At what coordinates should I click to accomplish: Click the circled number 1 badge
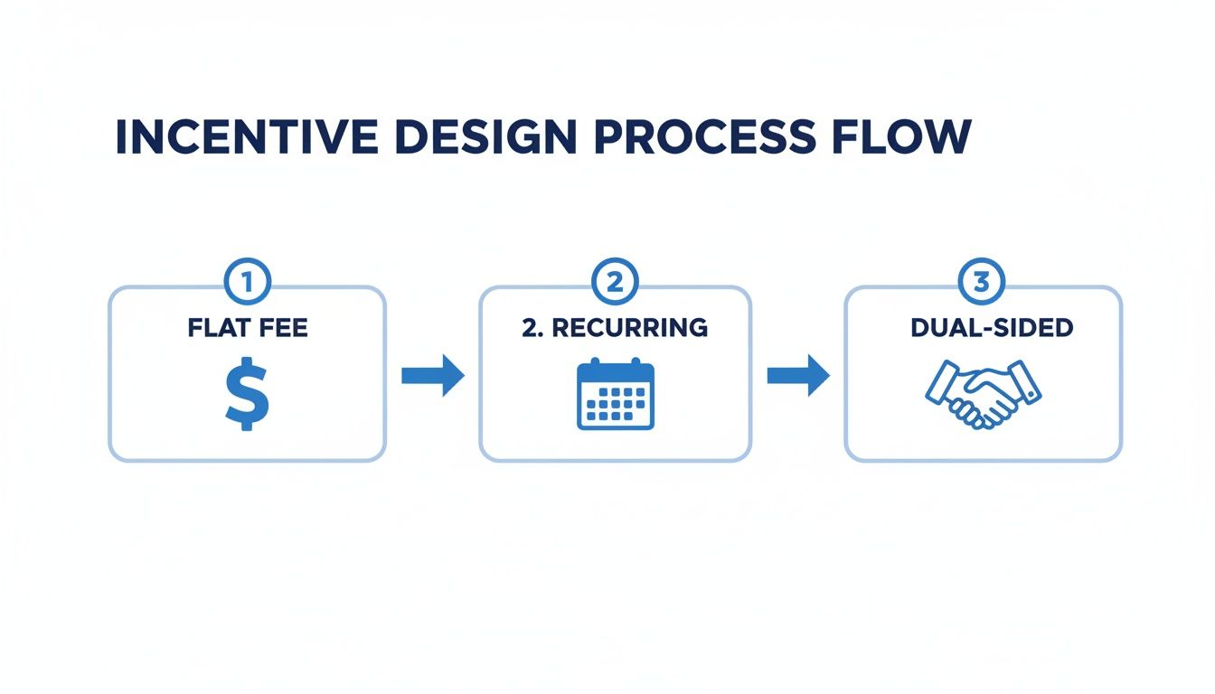[247, 283]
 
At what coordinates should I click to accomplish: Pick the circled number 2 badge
[614, 283]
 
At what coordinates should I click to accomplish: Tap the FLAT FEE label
[248, 327]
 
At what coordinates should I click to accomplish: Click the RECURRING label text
[629, 327]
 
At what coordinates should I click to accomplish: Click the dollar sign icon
[247, 392]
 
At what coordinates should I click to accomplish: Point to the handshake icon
[983, 394]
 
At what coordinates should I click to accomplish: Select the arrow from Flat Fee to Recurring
[432, 375]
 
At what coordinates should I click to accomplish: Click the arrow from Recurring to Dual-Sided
[798, 375]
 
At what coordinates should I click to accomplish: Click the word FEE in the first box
[282, 327]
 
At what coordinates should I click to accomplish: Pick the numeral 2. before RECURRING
[532, 327]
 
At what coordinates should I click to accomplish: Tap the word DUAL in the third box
[937, 327]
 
